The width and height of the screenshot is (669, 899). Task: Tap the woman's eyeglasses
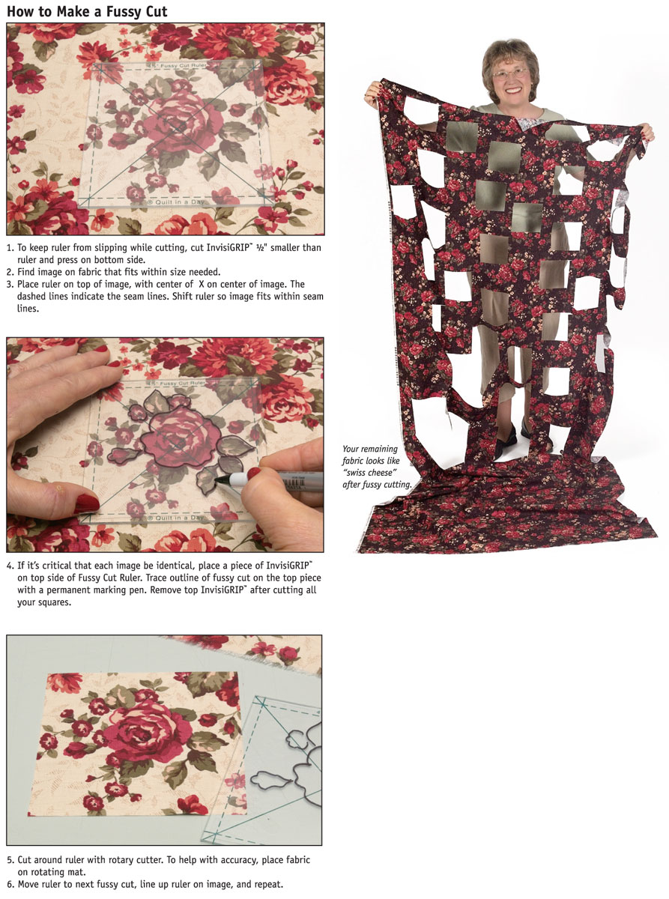[x=510, y=73]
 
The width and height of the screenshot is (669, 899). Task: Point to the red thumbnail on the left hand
[x=86, y=503]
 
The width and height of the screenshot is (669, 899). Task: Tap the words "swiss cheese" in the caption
[x=369, y=473]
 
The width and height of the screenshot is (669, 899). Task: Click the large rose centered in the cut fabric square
[x=143, y=732]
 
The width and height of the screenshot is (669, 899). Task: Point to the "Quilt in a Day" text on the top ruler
[x=175, y=202]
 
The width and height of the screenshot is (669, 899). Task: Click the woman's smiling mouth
[x=512, y=90]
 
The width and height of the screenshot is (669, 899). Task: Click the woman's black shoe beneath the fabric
[x=505, y=441]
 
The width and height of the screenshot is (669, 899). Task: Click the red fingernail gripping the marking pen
[x=254, y=473]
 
